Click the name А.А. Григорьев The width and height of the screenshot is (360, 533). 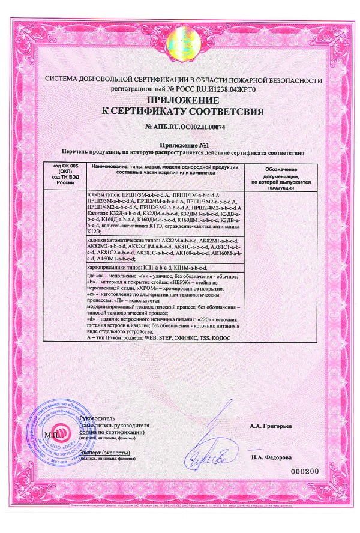pyautogui.click(x=271, y=426)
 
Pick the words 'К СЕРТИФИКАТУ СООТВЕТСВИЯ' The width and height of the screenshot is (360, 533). pyautogui.click(x=182, y=112)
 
